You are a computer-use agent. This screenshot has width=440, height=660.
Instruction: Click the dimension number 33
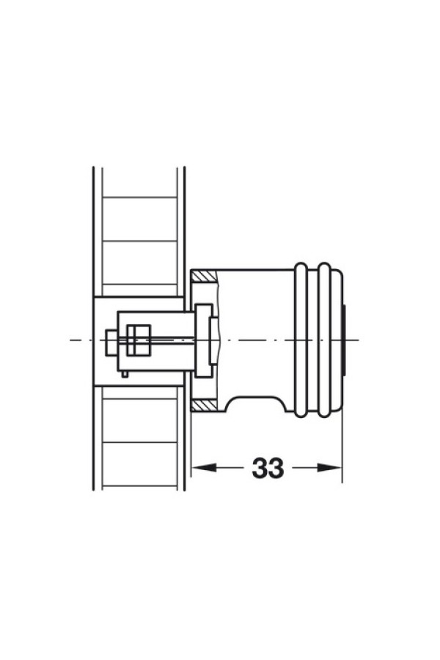coord(268,468)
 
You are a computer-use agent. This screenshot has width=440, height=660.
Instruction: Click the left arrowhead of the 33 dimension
coord(204,468)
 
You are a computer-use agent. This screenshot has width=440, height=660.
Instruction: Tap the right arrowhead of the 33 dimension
coord(329,468)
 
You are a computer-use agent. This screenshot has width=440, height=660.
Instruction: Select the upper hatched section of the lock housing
coord(204,276)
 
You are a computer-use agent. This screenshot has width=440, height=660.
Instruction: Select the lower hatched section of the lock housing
coord(204,406)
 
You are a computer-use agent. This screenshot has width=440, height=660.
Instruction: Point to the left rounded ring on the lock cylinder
coord(301,340)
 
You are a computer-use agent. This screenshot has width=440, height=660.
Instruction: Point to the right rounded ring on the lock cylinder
coord(325,340)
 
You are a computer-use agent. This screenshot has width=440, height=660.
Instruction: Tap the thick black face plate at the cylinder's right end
coord(344,340)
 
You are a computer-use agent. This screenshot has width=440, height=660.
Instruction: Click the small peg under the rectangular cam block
coord(125,373)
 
